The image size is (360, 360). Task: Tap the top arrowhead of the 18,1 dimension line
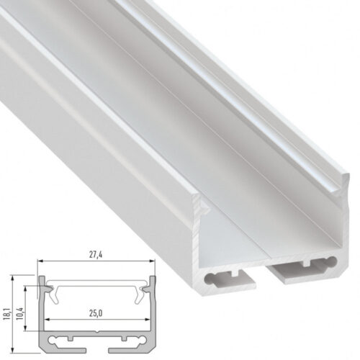point(17,277)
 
